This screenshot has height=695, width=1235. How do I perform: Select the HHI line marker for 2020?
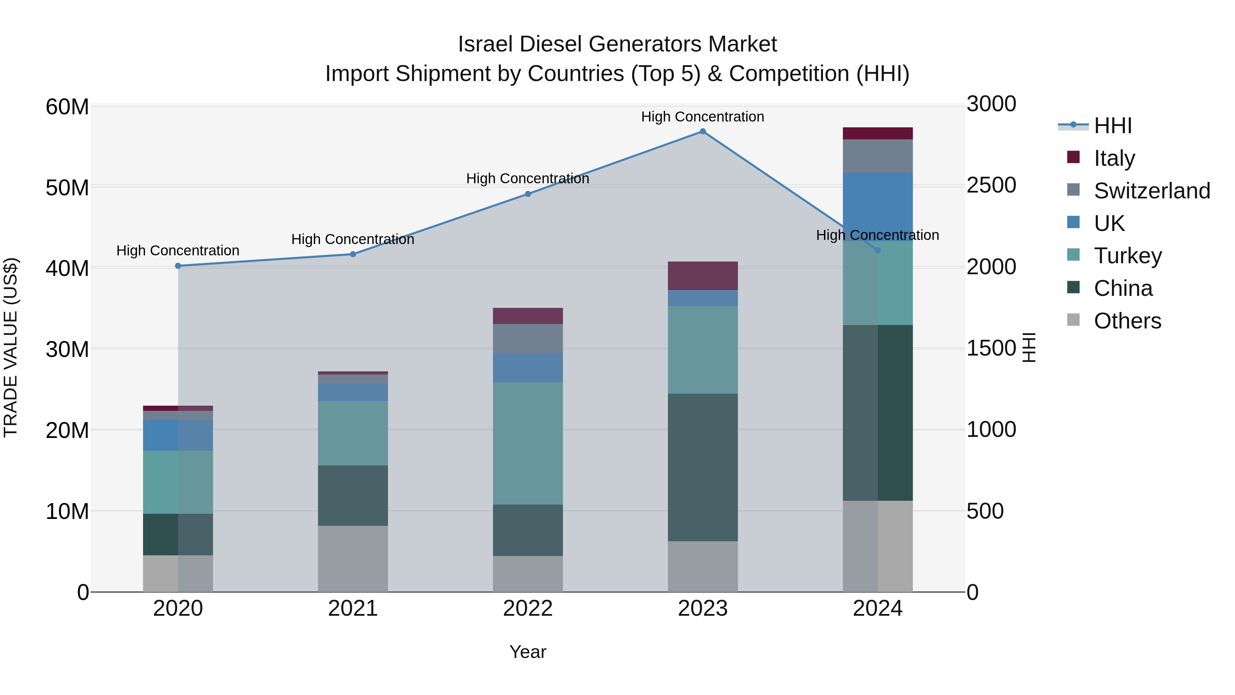click(x=178, y=266)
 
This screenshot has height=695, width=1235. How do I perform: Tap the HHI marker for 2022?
click(x=528, y=194)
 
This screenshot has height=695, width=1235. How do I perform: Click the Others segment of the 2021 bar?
click(x=353, y=558)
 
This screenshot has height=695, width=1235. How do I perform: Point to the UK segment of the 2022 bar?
click(x=528, y=367)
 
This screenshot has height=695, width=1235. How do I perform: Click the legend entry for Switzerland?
click(x=1152, y=191)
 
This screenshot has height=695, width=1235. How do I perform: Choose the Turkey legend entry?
click(x=1128, y=256)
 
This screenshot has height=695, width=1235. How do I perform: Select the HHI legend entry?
click(x=1112, y=126)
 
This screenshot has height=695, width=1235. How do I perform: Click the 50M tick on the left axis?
click(x=67, y=187)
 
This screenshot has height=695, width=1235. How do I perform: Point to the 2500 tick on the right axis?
click(x=991, y=185)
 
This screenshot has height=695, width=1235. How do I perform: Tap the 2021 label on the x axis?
click(x=353, y=609)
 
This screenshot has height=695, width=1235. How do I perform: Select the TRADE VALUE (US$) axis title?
click(x=11, y=347)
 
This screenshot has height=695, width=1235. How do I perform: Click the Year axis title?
click(x=528, y=652)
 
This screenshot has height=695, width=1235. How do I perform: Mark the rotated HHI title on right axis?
click(x=1029, y=347)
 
